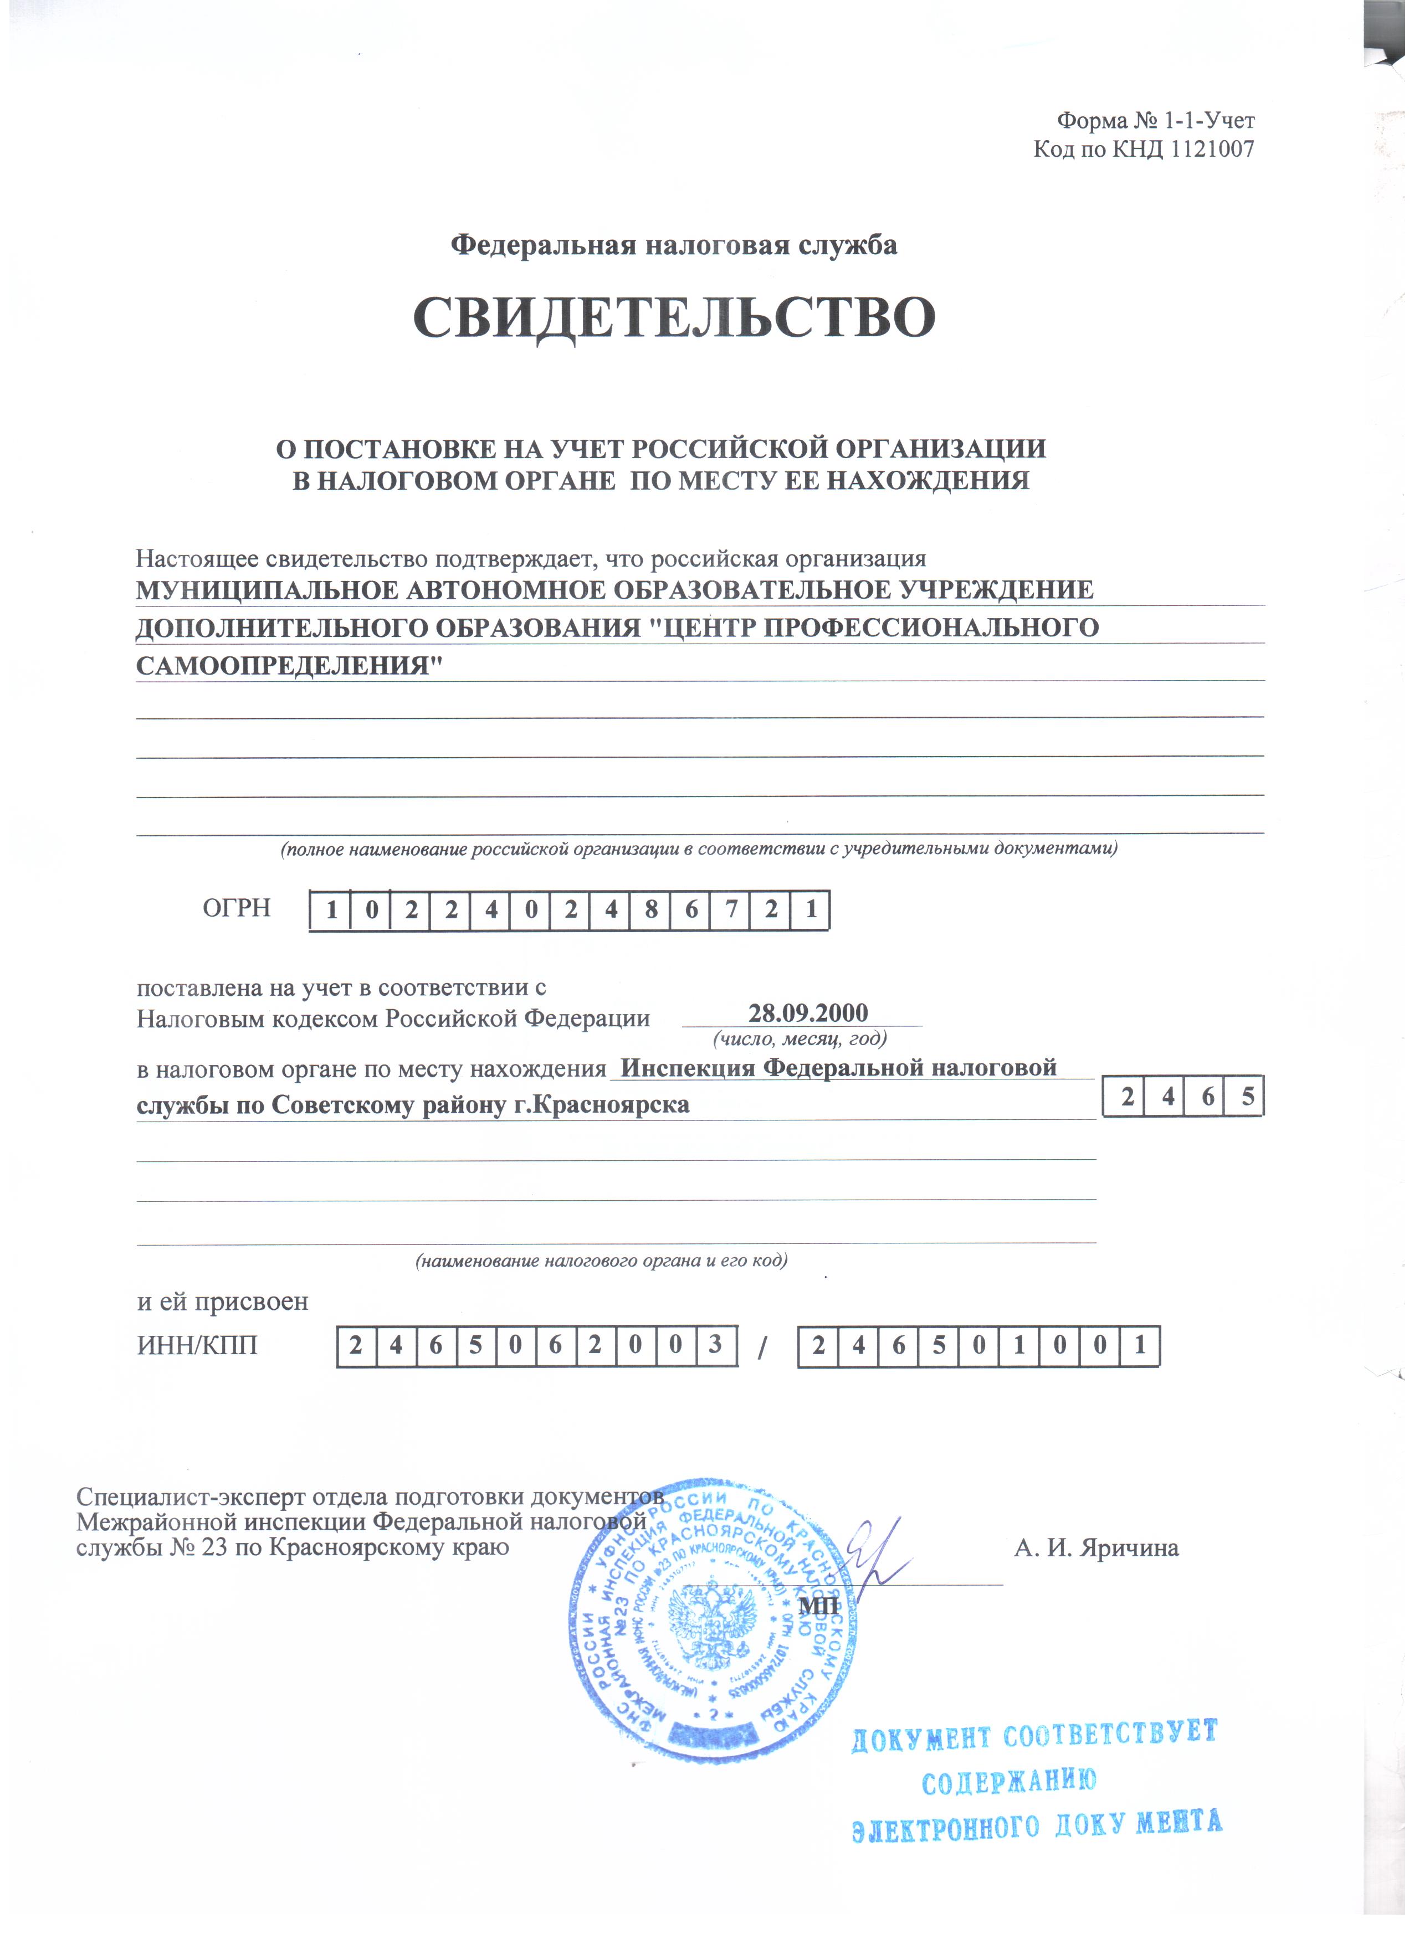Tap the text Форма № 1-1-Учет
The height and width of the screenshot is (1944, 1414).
(1155, 121)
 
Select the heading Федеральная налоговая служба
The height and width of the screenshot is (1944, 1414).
(674, 246)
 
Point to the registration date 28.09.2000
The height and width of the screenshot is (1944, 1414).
(808, 1013)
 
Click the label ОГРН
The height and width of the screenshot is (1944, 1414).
(237, 908)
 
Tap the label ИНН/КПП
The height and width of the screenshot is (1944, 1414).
(197, 1345)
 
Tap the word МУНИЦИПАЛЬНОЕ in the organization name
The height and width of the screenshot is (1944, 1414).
(266, 590)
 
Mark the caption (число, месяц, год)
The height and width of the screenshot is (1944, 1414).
(799, 1040)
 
